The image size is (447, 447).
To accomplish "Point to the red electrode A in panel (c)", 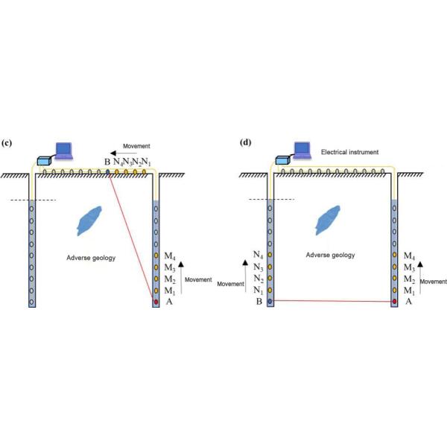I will (x=155, y=302).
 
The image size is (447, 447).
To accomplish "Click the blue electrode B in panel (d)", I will (x=269, y=302).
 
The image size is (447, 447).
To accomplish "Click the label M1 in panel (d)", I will (x=409, y=290).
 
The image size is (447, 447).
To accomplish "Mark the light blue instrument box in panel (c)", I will (x=45, y=159).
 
